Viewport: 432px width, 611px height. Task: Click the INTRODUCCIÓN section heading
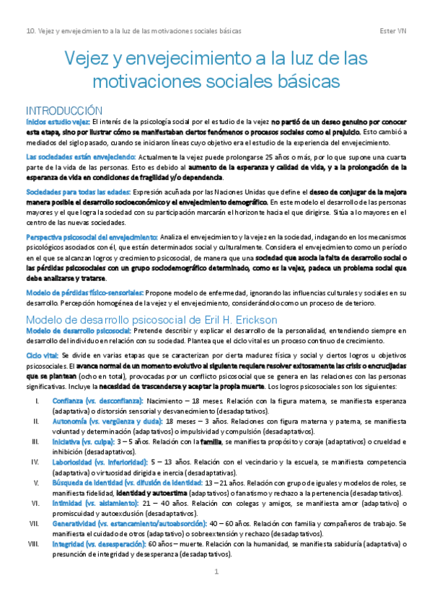point(64,111)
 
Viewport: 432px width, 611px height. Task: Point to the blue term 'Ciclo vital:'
point(43,356)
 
